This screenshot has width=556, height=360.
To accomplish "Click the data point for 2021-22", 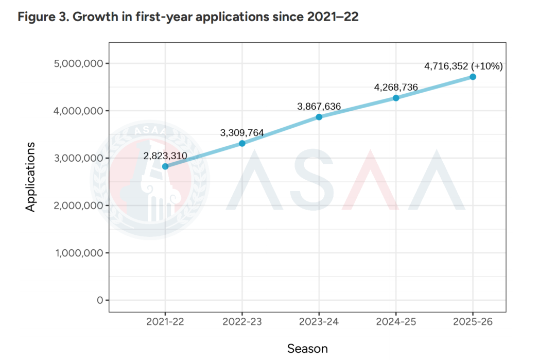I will pyautogui.click(x=165, y=166).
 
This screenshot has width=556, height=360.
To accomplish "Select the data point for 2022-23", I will pyautogui.click(x=242, y=143).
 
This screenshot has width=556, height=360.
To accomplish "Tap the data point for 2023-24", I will pyautogui.click(x=319, y=117).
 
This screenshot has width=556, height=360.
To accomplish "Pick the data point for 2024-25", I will pyautogui.click(x=396, y=98).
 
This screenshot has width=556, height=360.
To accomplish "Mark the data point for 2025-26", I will pyautogui.click(x=473, y=77).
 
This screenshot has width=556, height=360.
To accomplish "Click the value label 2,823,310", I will pyautogui.click(x=165, y=156).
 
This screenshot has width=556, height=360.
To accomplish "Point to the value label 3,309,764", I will pyautogui.click(x=242, y=133).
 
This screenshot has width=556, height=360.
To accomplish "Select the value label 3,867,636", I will pyautogui.click(x=319, y=107).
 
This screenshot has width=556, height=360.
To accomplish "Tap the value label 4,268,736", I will pyautogui.click(x=396, y=87).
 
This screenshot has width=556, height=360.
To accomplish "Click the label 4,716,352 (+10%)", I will pyautogui.click(x=463, y=66).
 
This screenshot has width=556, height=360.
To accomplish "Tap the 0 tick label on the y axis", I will pyautogui.click(x=100, y=300).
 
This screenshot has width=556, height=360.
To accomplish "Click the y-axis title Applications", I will pyautogui.click(x=31, y=177).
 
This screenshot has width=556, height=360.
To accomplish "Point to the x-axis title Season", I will pyautogui.click(x=307, y=349).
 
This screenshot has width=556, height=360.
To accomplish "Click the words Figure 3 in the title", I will pyautogui.click(x=41, y=17).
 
